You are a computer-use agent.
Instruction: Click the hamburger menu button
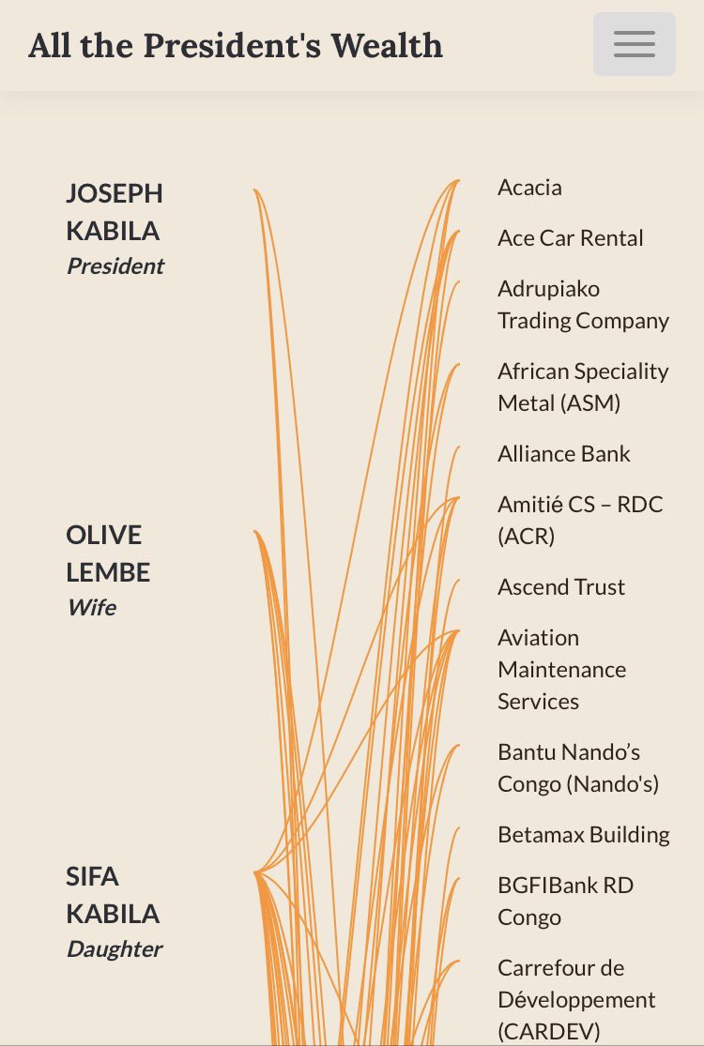[x=634, y=44]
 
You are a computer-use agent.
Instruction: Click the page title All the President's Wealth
[x=236, y=45]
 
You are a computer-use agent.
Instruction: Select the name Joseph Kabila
[x=114, y=212]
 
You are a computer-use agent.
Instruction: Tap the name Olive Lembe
[x=107, y=553]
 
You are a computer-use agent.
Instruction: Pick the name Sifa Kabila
[x=112, y=895]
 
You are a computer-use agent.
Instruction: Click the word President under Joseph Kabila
[x=115, y=266]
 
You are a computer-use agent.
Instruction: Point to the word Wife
[x=91, y=608]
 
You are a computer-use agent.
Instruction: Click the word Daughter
[x=114, y=949]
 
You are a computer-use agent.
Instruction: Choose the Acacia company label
[x=529, y=188]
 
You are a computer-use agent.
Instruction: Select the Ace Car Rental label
[x=570, y=238]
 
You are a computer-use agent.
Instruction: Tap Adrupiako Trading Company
[x=583, y=305]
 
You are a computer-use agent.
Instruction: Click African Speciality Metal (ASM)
[x=583, y=387]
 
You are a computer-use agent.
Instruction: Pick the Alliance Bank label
[x=563, y=454]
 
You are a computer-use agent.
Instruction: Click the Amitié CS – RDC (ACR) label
[x=580, y=521]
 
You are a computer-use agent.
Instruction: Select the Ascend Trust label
[x=560, y=587]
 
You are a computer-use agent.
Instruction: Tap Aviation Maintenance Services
[x=561, y=670]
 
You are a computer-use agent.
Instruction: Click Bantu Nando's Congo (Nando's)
[x=578, y=768]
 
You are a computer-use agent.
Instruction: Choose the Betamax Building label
[x=583, y=835]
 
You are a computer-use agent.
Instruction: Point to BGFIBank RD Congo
[x=565, y=902]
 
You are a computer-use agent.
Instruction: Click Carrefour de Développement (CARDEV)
[x=575, y=1000]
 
